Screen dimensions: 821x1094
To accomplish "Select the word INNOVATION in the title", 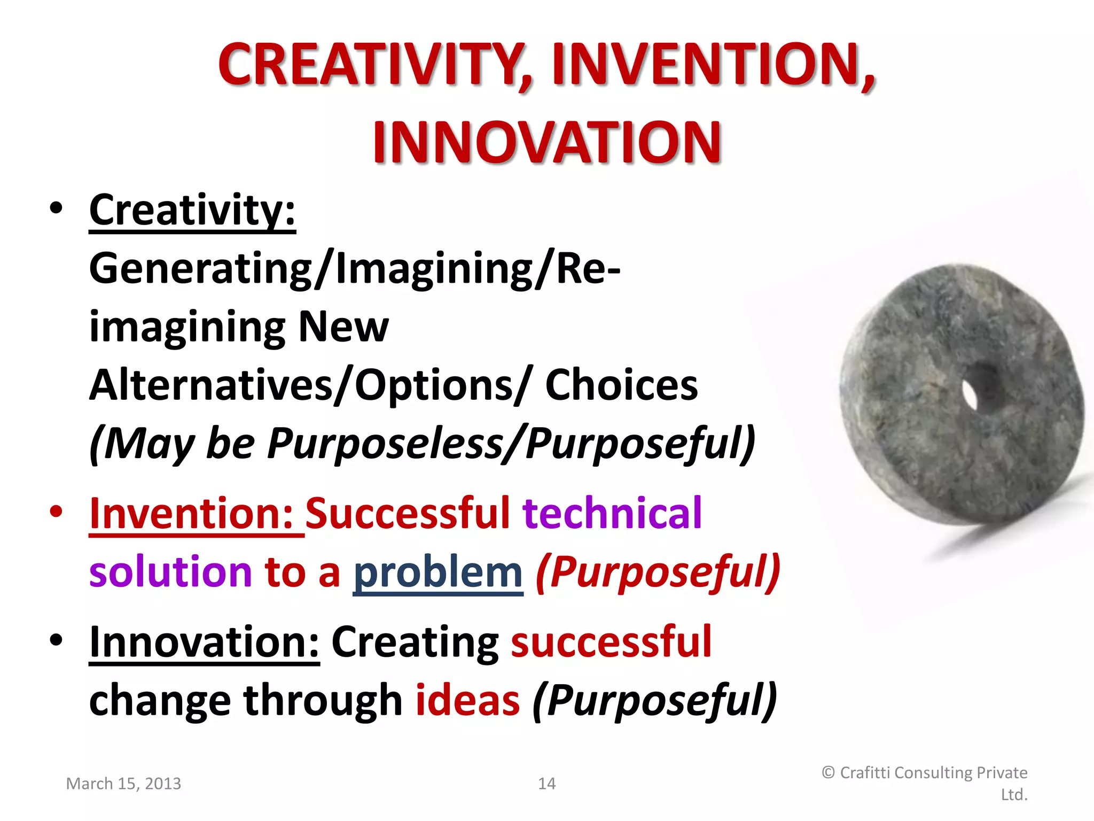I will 546,143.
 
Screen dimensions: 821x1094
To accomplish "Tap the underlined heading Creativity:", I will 192,211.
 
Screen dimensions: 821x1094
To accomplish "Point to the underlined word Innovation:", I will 204,642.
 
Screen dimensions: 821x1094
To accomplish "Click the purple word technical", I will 612,514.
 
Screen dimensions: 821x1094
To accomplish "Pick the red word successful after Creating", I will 611,642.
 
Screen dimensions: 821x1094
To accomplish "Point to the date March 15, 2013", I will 123,784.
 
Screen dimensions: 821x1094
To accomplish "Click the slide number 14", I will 546,784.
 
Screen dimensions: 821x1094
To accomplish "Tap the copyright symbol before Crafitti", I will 828,773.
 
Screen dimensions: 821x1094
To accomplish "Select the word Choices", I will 621,386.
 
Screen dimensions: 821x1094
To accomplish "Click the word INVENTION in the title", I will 713,65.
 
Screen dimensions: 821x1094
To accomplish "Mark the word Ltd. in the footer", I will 1014,795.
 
